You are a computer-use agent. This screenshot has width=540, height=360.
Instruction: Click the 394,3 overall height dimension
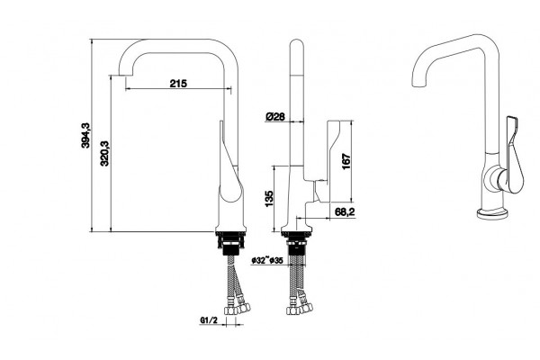click(x=85, y=135)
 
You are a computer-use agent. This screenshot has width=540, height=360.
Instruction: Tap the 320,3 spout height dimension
click(x=104, y=153)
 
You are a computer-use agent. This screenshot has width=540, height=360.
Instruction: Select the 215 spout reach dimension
click(x=178, y=83)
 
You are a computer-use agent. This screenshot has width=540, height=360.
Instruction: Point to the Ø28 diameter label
click(x=275, y=117)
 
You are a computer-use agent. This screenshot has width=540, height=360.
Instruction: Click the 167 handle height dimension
click(x=346, y=161)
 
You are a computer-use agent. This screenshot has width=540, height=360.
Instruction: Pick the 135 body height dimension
click(x=268, y=199)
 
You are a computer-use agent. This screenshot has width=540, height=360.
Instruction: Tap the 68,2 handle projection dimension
click(x=345, y=211)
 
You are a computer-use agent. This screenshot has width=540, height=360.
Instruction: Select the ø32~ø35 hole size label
click(x=267, y=260)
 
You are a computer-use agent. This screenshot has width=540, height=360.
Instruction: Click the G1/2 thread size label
click(x=209, y=320)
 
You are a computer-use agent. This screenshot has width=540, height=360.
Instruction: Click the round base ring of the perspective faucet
click(x=492, y=213)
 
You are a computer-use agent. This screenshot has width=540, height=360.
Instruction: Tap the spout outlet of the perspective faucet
click(x=418, y=85)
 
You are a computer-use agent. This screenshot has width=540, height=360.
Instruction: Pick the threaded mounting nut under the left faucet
click(x=230, y=243)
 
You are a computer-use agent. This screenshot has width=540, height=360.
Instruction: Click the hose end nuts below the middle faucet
click(x=300, y=308)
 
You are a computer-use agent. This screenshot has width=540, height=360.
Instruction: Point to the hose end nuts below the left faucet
click(x=238, y=308)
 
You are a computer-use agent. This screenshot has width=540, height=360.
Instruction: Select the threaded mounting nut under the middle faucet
click(x=296, y=243)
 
